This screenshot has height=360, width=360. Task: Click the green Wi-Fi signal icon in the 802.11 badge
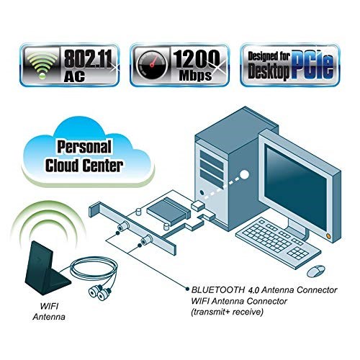click(42, 65)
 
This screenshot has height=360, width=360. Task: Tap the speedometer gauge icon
click(152, 64)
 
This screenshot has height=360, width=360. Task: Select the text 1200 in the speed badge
click(196, 60)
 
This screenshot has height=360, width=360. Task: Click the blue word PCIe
click(312, 65)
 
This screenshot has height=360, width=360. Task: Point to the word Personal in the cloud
click(84, 147)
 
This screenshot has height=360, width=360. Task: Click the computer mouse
click(316, 271)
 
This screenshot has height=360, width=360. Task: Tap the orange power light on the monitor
click(328, 236)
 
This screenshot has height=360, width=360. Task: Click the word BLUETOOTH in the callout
click(217, 290)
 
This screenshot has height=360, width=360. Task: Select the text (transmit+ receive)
click(227, 312)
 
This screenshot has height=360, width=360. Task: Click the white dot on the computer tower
click(244, 175)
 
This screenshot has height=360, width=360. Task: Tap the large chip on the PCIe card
click(168, 212)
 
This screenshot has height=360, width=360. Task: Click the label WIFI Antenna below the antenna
click(49, 312)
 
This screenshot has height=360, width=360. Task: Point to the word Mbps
click(195, 76)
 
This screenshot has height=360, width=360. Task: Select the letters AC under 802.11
click(74, 76)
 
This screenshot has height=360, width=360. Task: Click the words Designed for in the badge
click(269, 57)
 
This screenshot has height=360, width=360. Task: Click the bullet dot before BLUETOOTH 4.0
click(187, 289)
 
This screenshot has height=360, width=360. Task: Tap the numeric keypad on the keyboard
click(297, 253)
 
